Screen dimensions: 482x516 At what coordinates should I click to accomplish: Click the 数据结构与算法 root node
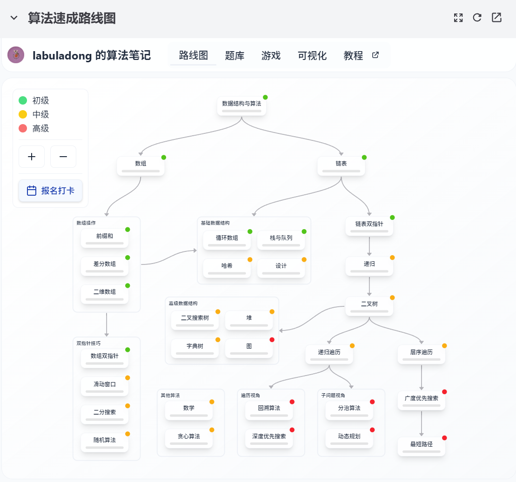(241, 106)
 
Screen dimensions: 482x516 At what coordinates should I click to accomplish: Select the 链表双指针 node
(369, 226)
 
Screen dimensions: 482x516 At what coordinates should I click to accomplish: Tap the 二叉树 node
(369, 306)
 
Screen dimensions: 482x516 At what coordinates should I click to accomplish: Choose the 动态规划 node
(349, 438)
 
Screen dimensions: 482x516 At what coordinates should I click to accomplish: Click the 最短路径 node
(422, 446)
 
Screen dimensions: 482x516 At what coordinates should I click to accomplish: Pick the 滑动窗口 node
(105, 386)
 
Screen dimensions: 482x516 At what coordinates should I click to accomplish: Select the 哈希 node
(227, 268)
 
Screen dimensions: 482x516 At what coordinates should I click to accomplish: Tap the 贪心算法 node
(189, 438)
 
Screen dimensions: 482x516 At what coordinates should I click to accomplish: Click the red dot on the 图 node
(272, 340)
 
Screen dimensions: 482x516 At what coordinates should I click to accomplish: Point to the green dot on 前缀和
(127, 230)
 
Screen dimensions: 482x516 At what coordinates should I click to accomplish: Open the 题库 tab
(235, 56)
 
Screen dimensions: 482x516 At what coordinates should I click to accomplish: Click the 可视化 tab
(312, 56)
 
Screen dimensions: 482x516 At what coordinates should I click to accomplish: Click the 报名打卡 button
(51, 191)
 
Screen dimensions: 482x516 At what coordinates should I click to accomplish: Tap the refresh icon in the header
(477, 18)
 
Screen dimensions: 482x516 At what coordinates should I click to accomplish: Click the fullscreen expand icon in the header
(458, 18)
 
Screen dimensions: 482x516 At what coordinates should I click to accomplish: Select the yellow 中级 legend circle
(23, 114)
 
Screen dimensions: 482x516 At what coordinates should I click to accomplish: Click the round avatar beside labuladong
(16, 55)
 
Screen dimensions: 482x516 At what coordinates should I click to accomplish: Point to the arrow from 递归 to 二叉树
(369, 286)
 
